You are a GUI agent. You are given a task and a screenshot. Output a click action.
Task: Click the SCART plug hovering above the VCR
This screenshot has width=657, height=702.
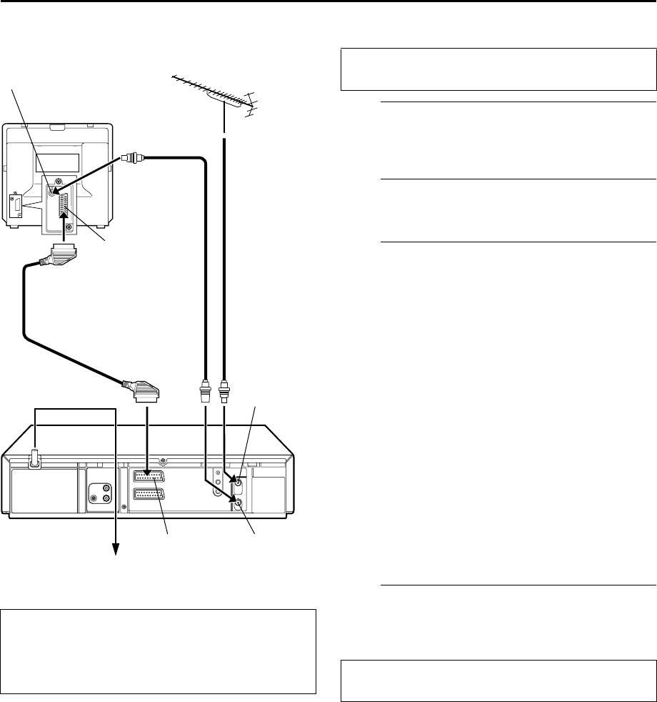(146, 392)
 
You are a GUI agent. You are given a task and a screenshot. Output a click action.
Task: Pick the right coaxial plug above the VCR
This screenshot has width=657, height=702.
(224, 392)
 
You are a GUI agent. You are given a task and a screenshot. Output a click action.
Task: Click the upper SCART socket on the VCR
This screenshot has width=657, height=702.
(149, 478)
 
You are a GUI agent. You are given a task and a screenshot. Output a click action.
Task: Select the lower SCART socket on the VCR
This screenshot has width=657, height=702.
(149, 495)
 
